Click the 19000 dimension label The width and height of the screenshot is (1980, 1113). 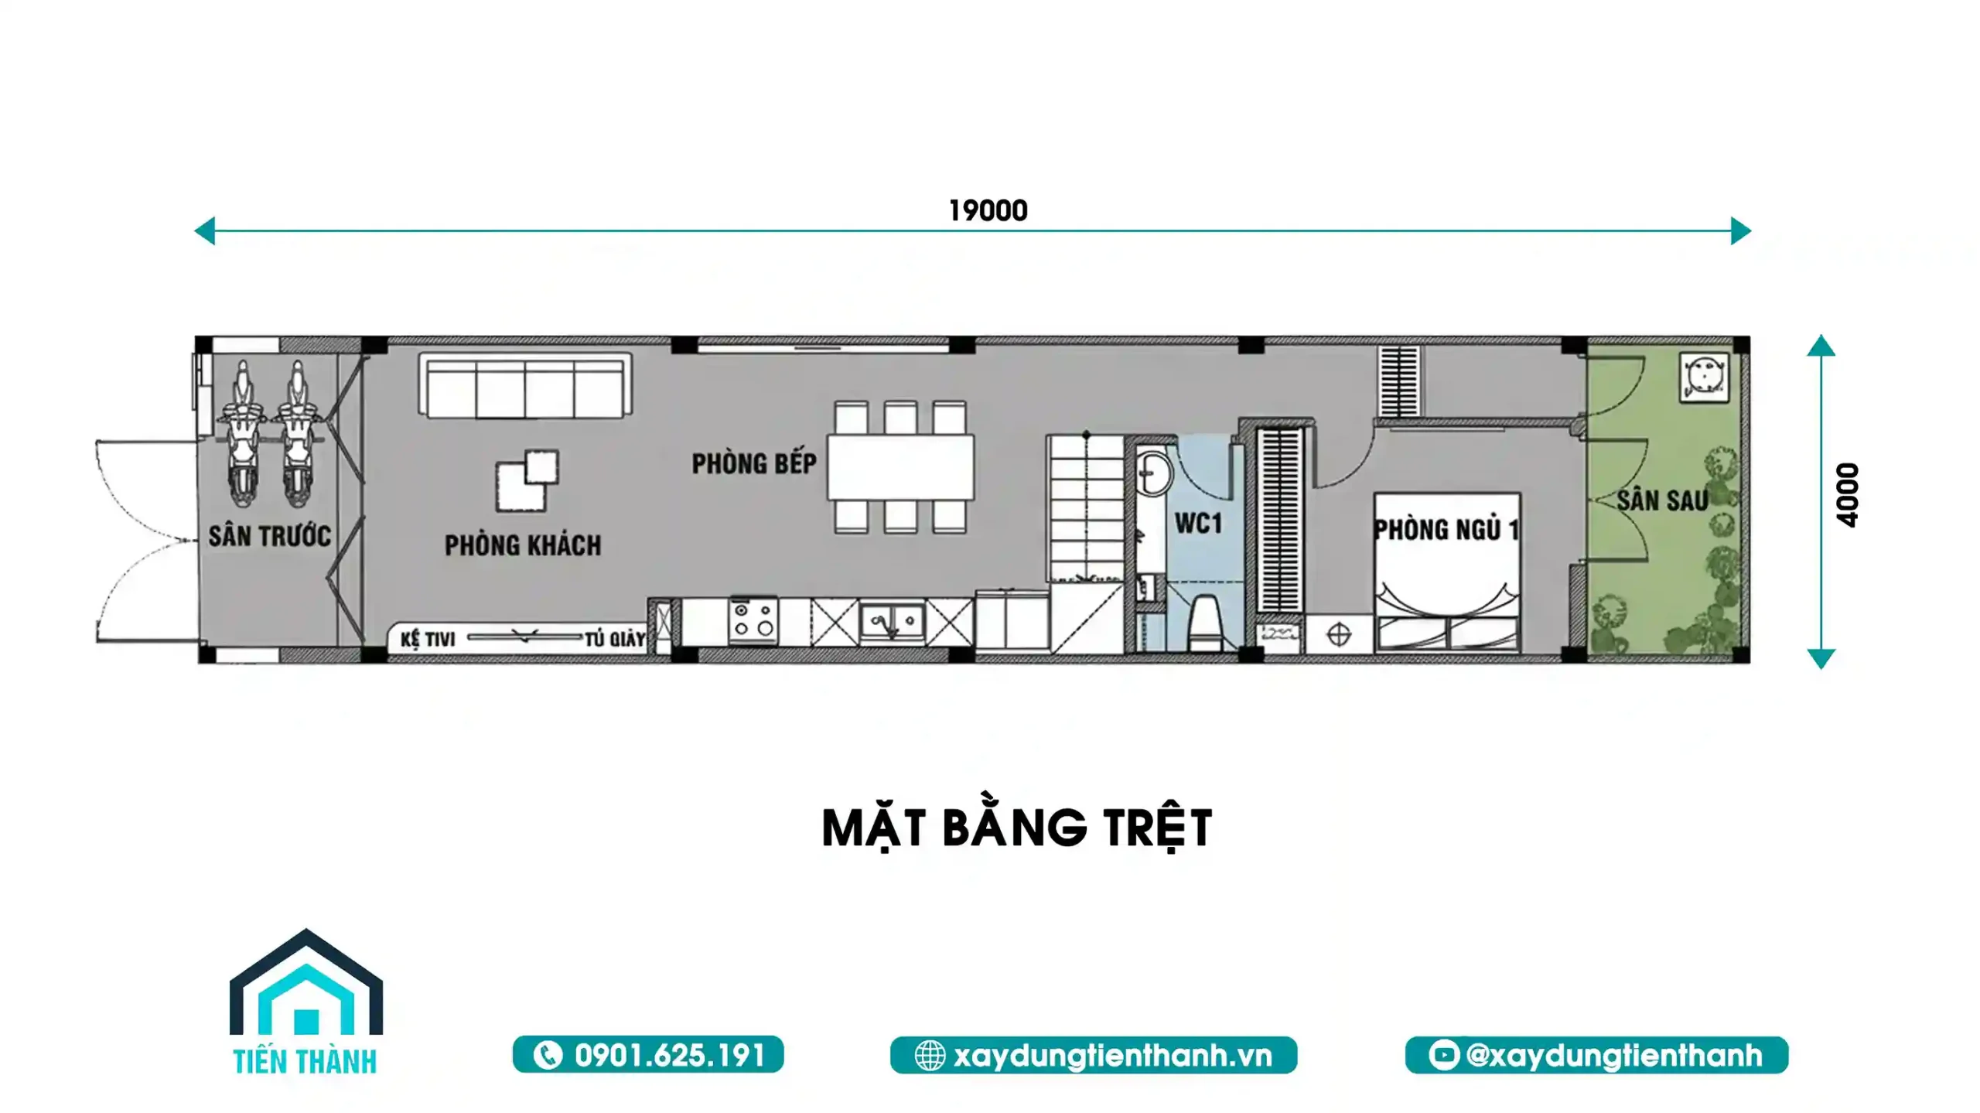click(x=988, y=210)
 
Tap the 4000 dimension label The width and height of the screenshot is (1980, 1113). click(x=1847, y=495)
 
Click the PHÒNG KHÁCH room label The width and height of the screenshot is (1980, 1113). click(x=523, y=545)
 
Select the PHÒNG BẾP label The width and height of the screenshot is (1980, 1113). click(x=754, y=463)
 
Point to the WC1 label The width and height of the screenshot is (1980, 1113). click(x=1198, y=524)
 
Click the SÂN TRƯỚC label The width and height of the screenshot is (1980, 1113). click(x=269, y=535)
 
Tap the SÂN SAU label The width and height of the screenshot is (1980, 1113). click(x=1662, y=500)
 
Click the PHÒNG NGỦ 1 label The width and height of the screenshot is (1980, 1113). click(x=1446, y=530)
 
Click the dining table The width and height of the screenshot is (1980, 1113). click(x=900, y=466)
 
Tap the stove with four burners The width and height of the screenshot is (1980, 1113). click(x=753, y=620)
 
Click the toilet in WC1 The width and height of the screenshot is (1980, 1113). click(x=1204, y=624)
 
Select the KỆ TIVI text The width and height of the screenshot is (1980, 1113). click(x=428, y=639)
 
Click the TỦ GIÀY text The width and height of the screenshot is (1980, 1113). click(x=615, y=639)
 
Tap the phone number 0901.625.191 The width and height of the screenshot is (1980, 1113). click(x=670, y=1055)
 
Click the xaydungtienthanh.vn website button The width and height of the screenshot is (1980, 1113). click(x=1094, y=1055)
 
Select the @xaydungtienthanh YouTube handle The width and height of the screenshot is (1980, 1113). click(x=1613, y=1055)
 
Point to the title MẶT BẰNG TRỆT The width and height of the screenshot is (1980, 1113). click(x=1016, y=829)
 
